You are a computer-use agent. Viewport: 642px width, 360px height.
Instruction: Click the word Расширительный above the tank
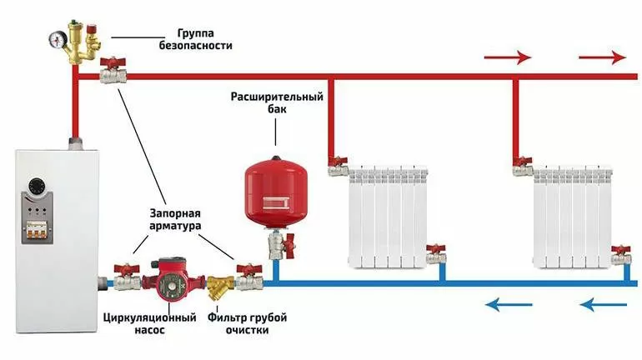(x=277, y=97)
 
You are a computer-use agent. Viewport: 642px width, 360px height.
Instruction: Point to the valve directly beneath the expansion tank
(x=278, y=245)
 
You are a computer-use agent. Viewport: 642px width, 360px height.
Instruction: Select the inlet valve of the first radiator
(x=338, y=166)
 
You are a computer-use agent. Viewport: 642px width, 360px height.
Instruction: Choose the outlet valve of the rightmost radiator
(x=619, y=254)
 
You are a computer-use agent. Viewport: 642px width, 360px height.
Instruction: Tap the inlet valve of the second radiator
(x=522, y=166)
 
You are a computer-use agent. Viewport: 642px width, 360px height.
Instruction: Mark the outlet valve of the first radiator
(x=435, y=254)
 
